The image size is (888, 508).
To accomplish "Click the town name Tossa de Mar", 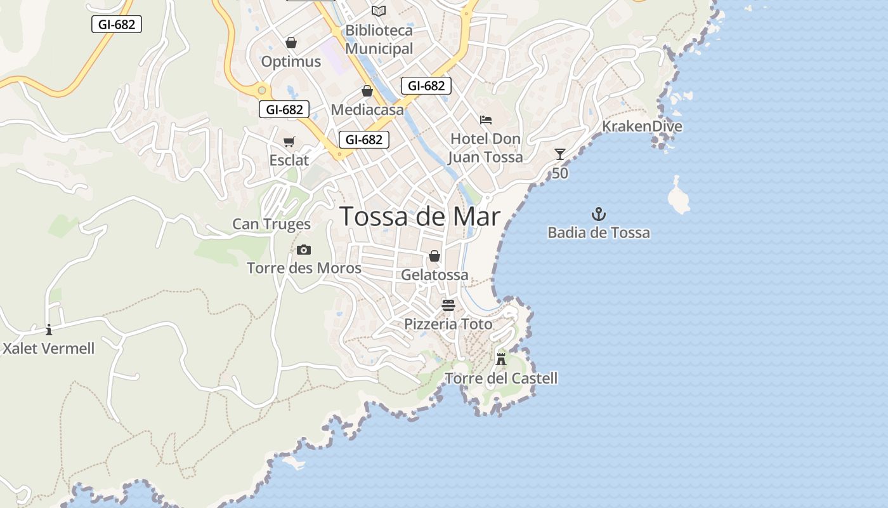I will (420, 217).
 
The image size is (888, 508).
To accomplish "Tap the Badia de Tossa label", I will (599, 232).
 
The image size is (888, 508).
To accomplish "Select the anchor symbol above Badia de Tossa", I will (599, 214).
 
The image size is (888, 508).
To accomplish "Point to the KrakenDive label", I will (642, 126).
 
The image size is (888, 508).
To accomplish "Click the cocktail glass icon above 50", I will (559, 154).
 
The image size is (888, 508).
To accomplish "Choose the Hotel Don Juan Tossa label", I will (486, 148).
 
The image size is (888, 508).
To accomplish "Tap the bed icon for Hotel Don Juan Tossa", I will (486, 119).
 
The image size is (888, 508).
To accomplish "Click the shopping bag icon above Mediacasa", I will (367, 91).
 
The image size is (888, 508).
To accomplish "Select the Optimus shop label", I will (291, 62).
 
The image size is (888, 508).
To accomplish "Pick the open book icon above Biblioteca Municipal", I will (379, 11).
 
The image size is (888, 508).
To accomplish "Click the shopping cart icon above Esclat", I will (289, 142).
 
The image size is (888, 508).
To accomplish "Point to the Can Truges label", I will (271, 224).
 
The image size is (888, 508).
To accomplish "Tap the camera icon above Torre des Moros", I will (304, 250).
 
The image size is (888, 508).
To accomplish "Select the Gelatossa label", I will (434, 275).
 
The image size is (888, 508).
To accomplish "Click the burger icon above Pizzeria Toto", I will (448, 305).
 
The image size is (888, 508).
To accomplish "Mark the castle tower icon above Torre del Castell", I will (501, 359).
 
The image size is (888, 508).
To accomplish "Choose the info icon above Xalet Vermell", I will (49, 330).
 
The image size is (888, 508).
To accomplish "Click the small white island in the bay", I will (678, 197).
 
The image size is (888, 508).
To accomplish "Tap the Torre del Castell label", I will (501, 378).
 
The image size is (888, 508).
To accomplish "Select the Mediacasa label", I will (367, 110).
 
